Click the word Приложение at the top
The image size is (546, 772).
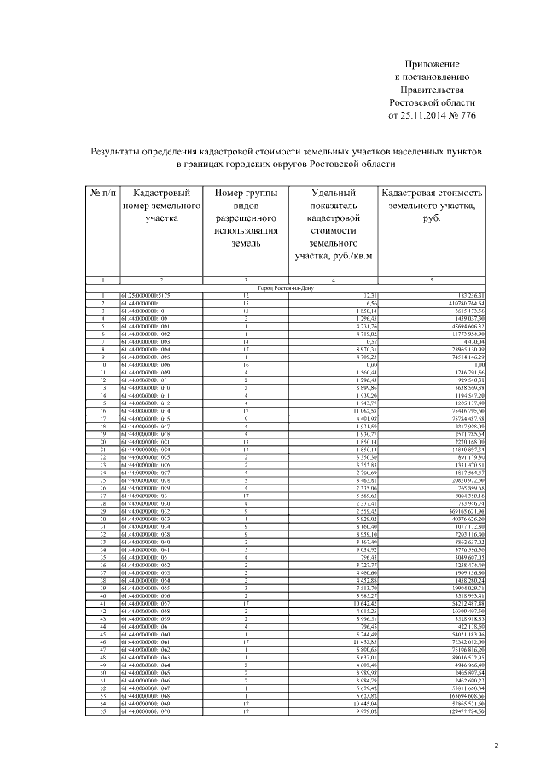[431, 65]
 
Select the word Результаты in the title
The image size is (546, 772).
[125, 150]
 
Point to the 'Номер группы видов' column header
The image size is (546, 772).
[246, 206]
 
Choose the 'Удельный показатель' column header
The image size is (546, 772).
[334, 206]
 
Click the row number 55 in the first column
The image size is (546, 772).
[102, 711]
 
